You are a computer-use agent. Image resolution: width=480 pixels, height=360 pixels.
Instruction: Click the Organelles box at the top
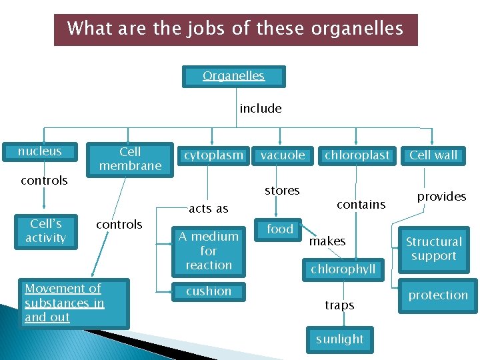tap(234, 76)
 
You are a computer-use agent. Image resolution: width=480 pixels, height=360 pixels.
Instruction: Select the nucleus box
tap(39, 151)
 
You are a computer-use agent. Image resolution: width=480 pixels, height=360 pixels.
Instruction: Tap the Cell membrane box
tap(130, 159)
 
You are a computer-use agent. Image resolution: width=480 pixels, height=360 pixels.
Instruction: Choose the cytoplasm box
tap(213, 155)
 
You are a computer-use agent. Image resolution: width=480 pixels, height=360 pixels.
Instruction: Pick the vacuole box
tap(283, 155)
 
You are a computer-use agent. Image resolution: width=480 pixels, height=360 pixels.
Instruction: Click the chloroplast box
tap(357, 155)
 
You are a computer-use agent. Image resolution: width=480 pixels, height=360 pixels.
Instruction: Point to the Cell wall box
tap(433, 155)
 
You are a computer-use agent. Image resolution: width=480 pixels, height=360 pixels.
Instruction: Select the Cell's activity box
tap(45, 231)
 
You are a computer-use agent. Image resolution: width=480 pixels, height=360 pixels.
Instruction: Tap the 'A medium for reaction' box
tap(209, 251)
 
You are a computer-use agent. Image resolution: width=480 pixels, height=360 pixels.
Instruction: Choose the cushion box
tap(209, 291)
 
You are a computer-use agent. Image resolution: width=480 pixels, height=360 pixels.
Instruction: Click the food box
tap(280, 229)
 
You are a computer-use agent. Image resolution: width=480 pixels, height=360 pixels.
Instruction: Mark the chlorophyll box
tap(343, 269)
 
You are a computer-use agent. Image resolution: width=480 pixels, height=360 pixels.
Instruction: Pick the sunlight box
tap(340, 339)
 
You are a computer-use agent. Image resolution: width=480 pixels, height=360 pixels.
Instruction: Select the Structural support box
tap(434, 249)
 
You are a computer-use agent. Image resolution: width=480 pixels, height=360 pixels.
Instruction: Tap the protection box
tap(438, 295)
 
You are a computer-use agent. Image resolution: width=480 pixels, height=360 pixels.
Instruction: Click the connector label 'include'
tap(261, 108)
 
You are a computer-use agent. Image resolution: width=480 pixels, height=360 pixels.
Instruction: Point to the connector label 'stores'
tap(282, 191)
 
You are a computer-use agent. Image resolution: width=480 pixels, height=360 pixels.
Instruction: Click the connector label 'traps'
tap(339, 305)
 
